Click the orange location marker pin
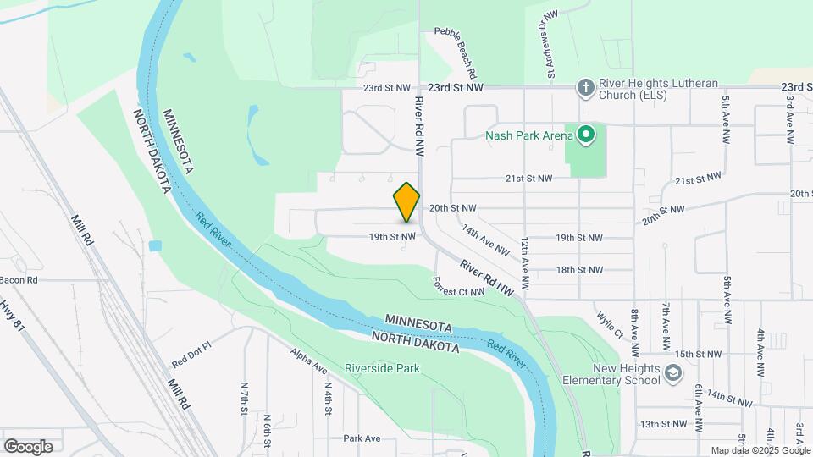(406, 201)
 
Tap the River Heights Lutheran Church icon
(584, 87)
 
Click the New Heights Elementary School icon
(672, 373)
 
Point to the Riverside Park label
(383, 369)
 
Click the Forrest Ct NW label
(458, 287)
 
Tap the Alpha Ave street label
(308, 361)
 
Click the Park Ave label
(362, 438)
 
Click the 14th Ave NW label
(485, 240)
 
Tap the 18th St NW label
(579, 270)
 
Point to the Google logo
(28, 446)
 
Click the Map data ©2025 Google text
(760, 450)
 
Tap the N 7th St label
(245, 398)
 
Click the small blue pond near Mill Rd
(154, 246)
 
